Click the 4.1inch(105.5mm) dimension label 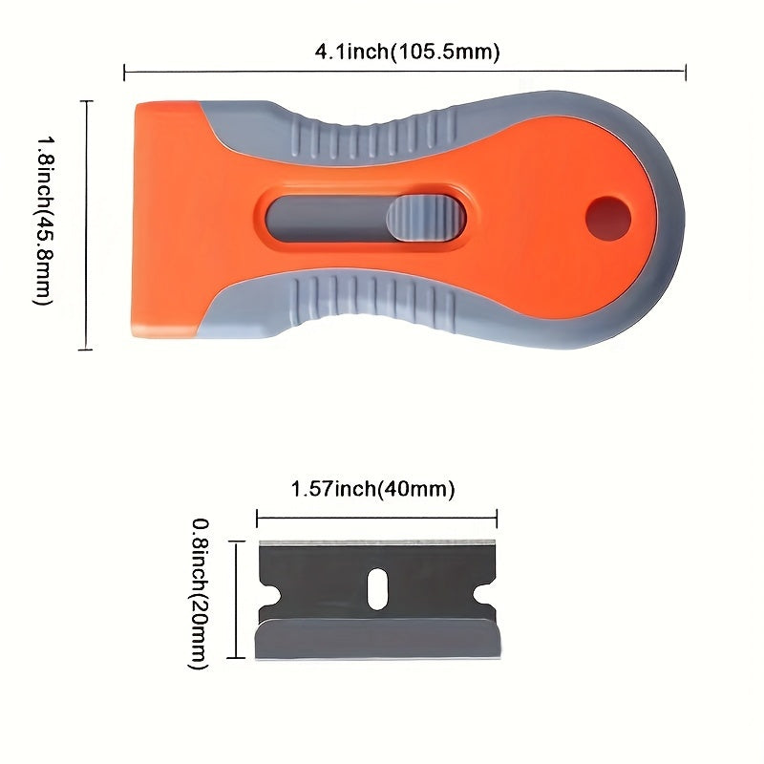(x=407, y=51)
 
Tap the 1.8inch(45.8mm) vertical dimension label (x=43, y=222)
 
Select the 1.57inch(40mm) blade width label (x=371, y=490)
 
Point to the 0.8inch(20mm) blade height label (x=200, y=593)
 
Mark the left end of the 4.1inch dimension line (x=125, y=71)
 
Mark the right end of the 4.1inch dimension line (x=686, y=71)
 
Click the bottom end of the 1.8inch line (x=87, y=350)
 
